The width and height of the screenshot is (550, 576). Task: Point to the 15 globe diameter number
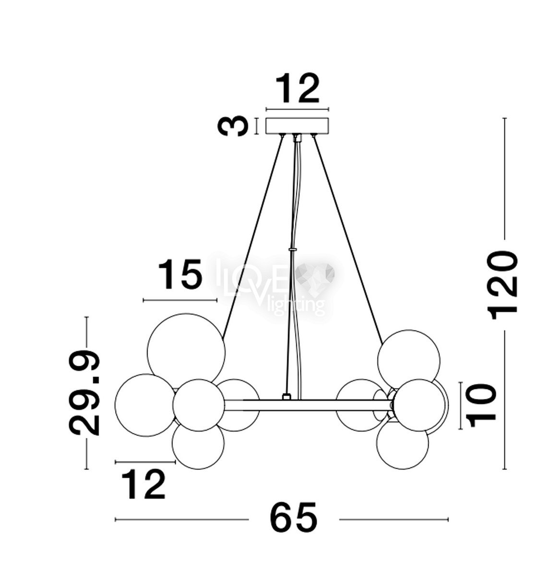(180, 274)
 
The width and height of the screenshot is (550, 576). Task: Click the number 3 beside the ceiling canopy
(232, 126)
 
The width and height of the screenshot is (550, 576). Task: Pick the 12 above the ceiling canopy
(297, 88)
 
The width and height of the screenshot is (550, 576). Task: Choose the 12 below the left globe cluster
(143, 484)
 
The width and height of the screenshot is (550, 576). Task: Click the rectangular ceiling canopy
(297, 126)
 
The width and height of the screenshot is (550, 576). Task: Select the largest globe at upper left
(186, 352)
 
